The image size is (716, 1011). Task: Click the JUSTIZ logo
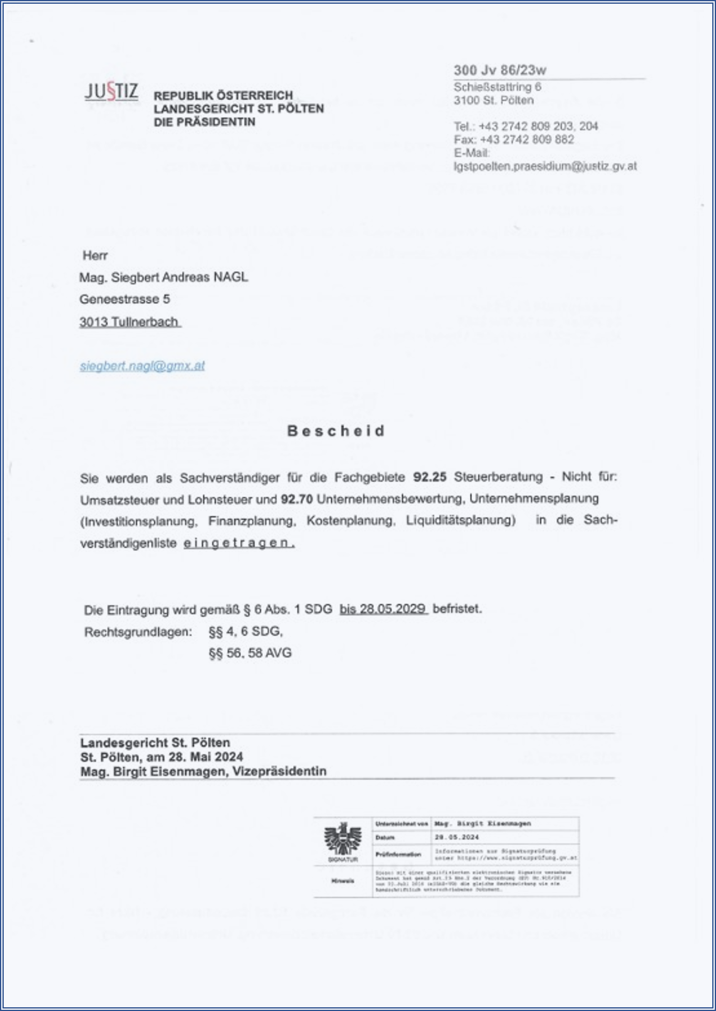tap(111, 92)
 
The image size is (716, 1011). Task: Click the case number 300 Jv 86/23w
tap(500, 70)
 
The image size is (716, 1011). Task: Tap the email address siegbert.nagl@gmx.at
tap(142, 366)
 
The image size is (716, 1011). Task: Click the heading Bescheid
tap(336, 431)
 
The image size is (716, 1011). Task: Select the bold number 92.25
tap(430, 477)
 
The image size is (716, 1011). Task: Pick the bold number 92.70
tap(297, 499)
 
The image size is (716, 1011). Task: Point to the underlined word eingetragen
tap(239, 543)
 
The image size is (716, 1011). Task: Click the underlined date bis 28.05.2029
tap(383, 609)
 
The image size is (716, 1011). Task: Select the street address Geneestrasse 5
tap(124, 299)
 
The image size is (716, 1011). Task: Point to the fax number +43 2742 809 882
tap(526, 140)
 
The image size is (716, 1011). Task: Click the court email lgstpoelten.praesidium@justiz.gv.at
tap(545, 166)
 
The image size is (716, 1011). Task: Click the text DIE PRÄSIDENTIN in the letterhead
tap(204, 122)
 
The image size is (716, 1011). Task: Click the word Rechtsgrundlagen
tap(138, 632)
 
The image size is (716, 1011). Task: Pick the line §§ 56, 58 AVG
tap(250, 653)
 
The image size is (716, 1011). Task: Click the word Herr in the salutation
tap(95, 255)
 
